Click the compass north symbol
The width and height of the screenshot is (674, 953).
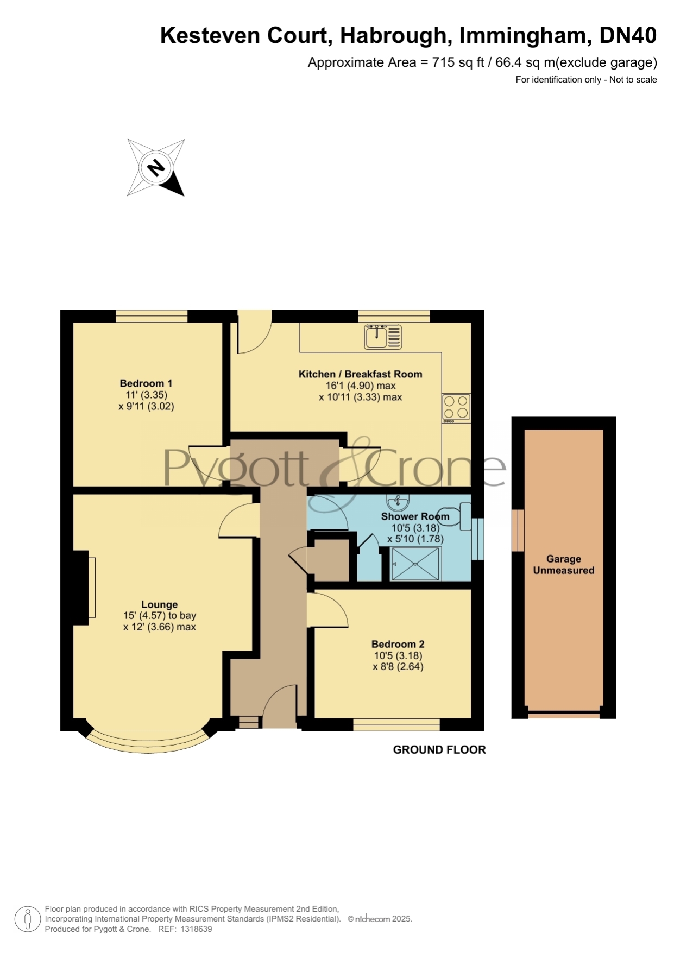click(x=156, y=167)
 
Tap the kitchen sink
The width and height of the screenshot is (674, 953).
click(x=383, y=337)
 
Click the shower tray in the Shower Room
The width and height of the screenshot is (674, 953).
click(x=415, y=564)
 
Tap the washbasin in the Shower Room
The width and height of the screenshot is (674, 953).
click(x=398, y=502)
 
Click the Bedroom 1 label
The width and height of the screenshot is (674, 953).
click(x=146, y=383)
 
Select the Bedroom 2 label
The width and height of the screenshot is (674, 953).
click(x=398, y=644)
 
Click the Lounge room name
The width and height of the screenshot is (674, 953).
click(x=159, y=604)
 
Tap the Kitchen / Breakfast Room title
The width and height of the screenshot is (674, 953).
click(x=360, y=374)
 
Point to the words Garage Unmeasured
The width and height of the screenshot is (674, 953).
click(x=564, y=565)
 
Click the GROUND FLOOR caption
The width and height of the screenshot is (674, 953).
click(x=439, y=750)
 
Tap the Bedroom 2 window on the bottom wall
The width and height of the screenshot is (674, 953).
click(x=396, y=724)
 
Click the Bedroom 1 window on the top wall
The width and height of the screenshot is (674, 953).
click(x=152, y=316)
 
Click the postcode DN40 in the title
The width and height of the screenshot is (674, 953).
click(x=628, y=35)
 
